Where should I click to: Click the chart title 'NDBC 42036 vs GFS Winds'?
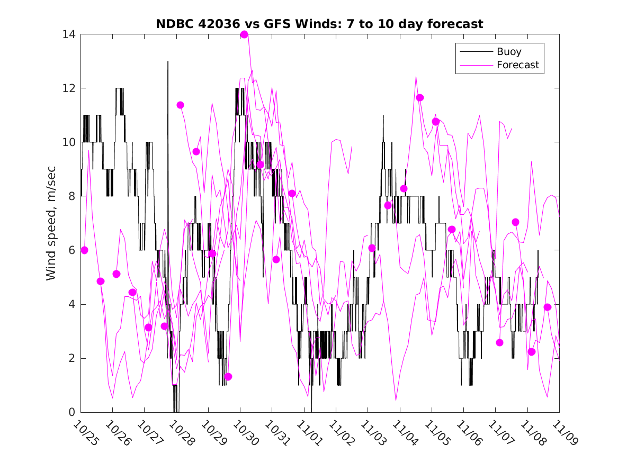pos(319,24)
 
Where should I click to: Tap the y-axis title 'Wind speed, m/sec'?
pos(51,223)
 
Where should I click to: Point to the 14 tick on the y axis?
pos(69,34)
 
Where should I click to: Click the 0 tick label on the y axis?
pos(72,412)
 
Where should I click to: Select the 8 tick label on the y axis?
pos(72,196)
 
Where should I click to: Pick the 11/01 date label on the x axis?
pos(308,432)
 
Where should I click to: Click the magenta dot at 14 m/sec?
pos(244,35)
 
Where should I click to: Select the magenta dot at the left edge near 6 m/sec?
pos(84,250)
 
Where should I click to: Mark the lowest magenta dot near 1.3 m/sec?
pos(228,377)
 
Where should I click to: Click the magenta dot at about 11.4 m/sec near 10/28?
pos(180,105)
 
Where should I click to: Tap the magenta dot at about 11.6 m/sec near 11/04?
pos(420,97)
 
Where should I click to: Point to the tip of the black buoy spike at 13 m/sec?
pos(168,61)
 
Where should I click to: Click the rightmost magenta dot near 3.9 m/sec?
pos(548,307)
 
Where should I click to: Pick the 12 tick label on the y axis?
pos(69,88)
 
